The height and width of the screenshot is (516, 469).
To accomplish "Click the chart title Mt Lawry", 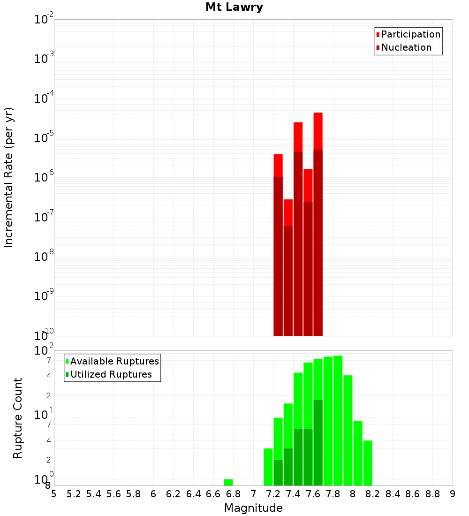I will click(234, 7).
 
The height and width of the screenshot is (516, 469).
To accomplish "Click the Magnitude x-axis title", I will click(253, 508).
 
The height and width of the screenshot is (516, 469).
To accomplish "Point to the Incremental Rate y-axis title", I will click(9, 177).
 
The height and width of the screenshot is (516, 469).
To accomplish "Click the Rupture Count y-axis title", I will click(18, 418).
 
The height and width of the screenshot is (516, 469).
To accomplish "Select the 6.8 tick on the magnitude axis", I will click(233, 494).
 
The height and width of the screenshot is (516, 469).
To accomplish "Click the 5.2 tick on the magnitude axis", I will click(74, 494).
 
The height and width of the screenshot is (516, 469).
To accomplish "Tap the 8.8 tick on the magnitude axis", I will click(432, 494).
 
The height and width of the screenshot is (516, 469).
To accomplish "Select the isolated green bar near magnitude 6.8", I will click(228, 482).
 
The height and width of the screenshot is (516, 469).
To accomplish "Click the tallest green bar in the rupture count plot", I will click(338, 420).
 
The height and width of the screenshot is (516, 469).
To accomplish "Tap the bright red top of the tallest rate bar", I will click(318, 131).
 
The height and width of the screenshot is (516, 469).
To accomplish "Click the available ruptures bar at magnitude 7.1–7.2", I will click(268, 467).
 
